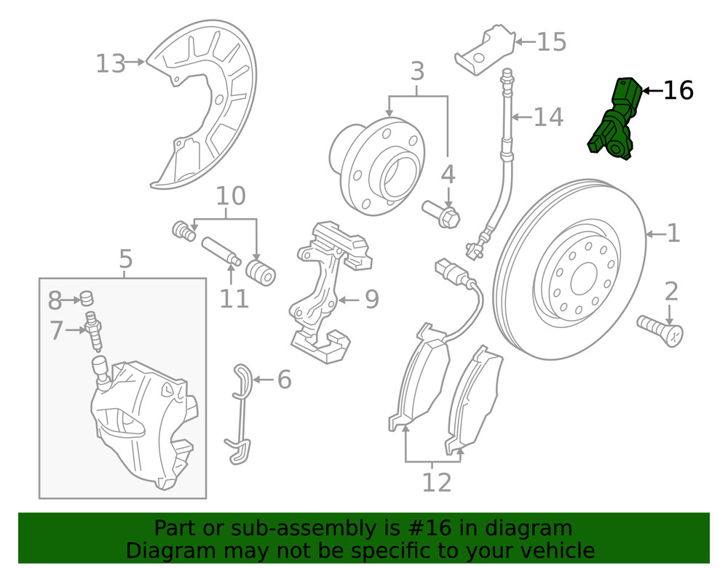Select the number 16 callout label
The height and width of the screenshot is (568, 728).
(x=678, y=91)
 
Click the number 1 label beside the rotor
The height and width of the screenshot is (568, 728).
(x=673, y=233)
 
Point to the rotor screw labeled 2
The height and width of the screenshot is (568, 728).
(x=660, y=329)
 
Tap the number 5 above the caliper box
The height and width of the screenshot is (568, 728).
(x=125, y=259)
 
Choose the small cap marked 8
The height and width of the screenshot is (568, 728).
(x=87, y=297)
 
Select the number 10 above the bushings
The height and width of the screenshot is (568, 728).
(x=231, y=196)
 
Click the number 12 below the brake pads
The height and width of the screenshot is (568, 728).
(x=436, y=481)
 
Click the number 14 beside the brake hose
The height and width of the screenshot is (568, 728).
(x=548, y=117)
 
